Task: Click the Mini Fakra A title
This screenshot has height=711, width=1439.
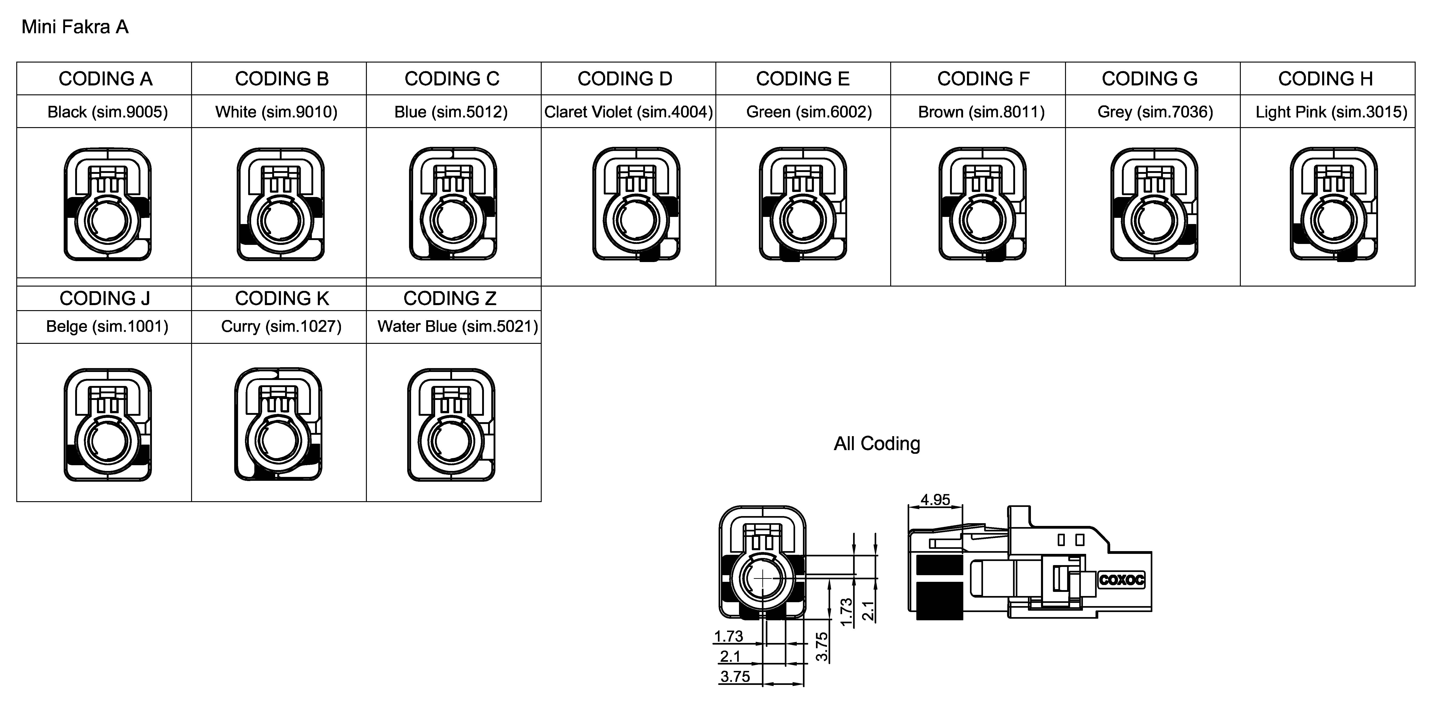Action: pos(75,27)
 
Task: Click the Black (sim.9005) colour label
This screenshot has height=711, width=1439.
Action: pos(107,112)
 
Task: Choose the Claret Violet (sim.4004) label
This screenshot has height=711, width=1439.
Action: pos(629,112)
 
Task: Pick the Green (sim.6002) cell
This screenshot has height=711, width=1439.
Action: pos(808,112)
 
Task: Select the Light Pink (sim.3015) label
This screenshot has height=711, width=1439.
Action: pos(1331,112)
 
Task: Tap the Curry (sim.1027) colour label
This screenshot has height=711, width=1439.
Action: pos(281,326)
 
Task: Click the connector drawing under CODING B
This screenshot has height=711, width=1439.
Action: pos(280,204)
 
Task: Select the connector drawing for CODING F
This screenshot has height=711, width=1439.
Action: pos(982,204)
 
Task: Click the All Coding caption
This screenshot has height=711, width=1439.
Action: pos(876,443)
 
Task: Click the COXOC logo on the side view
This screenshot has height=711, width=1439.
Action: pos(1121,580)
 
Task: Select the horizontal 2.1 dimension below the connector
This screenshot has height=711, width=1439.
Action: pos(730,656)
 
